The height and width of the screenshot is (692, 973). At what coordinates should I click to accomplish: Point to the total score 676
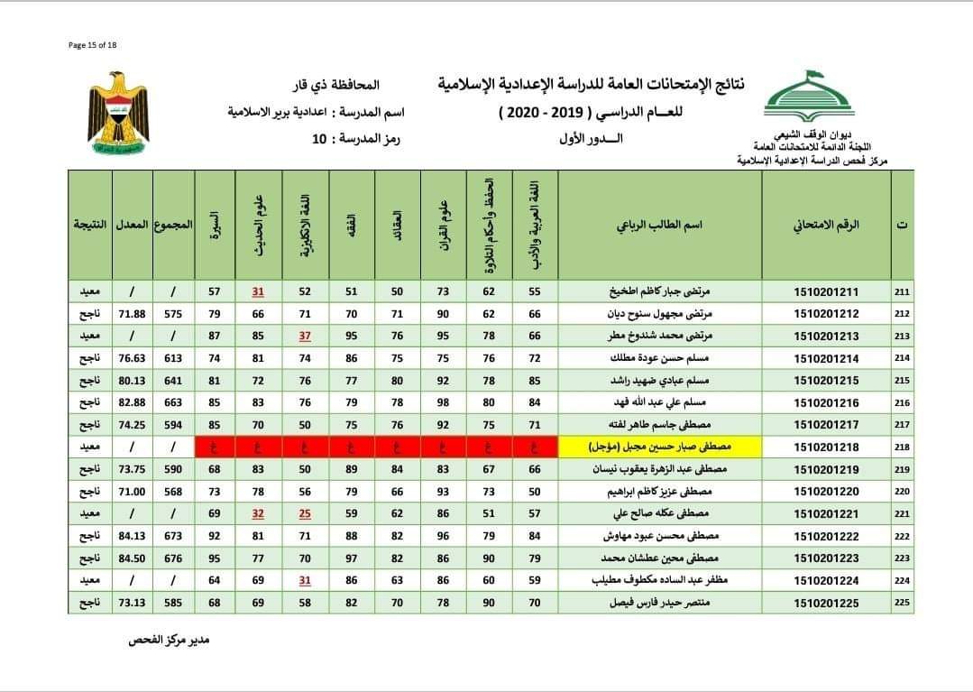tap(172, 558)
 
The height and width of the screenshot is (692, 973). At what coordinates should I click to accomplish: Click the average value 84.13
tap(133, 536)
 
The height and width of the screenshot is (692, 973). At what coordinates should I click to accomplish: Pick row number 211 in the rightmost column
tap(902, 291)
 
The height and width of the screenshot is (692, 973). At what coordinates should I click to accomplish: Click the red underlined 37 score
tap(306, 336)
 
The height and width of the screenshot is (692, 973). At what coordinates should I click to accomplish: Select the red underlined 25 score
tap(306, 513)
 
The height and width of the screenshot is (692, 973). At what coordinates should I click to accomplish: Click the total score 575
tap(172, 314)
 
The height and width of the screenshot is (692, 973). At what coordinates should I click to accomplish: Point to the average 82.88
tap(133, 402)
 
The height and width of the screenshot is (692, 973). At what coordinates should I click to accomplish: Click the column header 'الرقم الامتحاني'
tap(826, 225)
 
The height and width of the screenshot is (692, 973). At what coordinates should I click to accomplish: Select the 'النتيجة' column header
tap(89, 225)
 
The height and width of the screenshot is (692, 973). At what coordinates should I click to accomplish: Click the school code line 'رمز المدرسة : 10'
tap(361, 138)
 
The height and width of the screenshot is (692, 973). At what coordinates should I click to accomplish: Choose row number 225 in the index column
tap(902, 602)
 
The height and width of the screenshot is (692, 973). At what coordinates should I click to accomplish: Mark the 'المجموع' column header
tap(172, 225)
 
